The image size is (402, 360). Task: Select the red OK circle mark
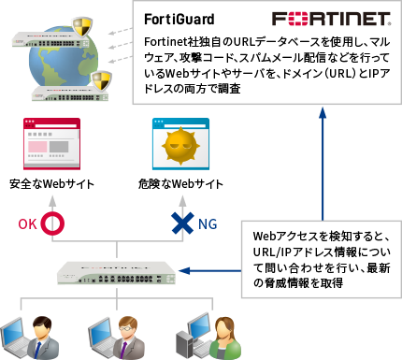point(54,223)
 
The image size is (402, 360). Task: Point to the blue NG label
point(208,223)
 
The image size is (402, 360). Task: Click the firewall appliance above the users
point(114,272)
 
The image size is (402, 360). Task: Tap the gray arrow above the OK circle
point(54,198)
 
